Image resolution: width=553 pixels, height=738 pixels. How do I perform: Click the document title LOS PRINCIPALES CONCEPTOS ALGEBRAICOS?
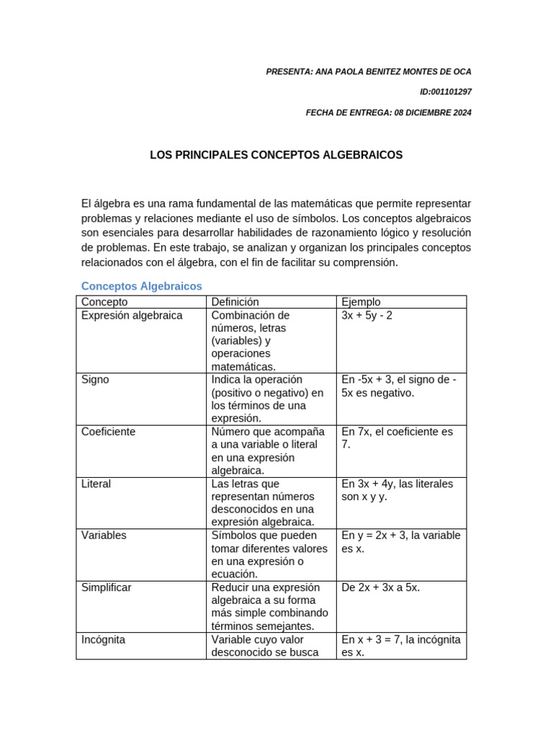(276, 155)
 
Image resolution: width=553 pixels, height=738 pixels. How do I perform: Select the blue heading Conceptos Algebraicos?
(142, 286)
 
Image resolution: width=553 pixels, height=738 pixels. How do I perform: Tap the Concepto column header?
(104, 302)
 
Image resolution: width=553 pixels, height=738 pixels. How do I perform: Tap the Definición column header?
(235, 302)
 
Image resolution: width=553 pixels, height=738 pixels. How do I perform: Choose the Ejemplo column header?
(361, 302)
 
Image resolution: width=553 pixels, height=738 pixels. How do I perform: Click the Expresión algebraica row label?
(132, 316)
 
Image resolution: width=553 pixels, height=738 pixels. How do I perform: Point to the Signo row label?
(95, 380)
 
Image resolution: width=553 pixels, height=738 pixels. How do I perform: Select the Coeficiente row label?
(109, 432)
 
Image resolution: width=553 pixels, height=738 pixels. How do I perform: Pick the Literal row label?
(96, 484)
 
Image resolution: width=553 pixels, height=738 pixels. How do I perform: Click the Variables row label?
(104, 535)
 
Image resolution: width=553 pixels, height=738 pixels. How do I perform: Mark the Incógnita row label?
(104, 639)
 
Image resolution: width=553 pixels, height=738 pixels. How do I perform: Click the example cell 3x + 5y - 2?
(367, 316)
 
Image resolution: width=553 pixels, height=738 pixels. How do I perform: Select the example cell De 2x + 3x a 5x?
(381, 587)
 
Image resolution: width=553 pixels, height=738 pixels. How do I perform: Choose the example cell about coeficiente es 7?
(397, 437)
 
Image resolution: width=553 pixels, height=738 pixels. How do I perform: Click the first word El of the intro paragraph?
(86, 204)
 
